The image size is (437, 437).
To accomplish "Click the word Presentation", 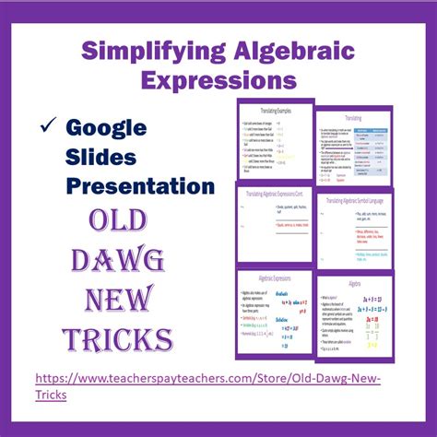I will point(140,186).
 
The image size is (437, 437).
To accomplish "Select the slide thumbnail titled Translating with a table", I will point(354,148).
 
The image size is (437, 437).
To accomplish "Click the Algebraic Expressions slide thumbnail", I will point(275,312).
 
